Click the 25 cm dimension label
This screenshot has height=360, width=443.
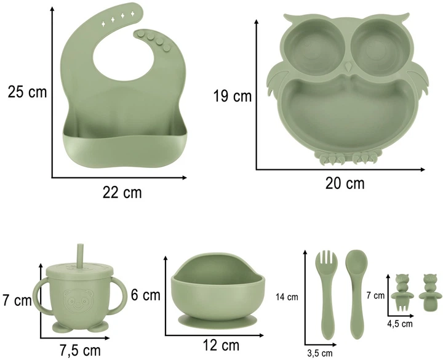[x=27, y=92]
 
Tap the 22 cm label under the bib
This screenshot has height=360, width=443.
[x=122, y=193]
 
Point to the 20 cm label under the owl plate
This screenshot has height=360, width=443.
[x=345, y=183]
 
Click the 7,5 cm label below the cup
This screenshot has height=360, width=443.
[x=80, y=351]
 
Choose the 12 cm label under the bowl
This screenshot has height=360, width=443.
[x=221, y=345]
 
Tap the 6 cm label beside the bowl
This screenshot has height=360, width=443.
[x=145, y=295]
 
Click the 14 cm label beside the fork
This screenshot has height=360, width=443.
[x=287, y=297]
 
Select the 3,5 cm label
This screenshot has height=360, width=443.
[x=320, y=353]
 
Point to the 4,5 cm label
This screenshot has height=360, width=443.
[x=400, y=324]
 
